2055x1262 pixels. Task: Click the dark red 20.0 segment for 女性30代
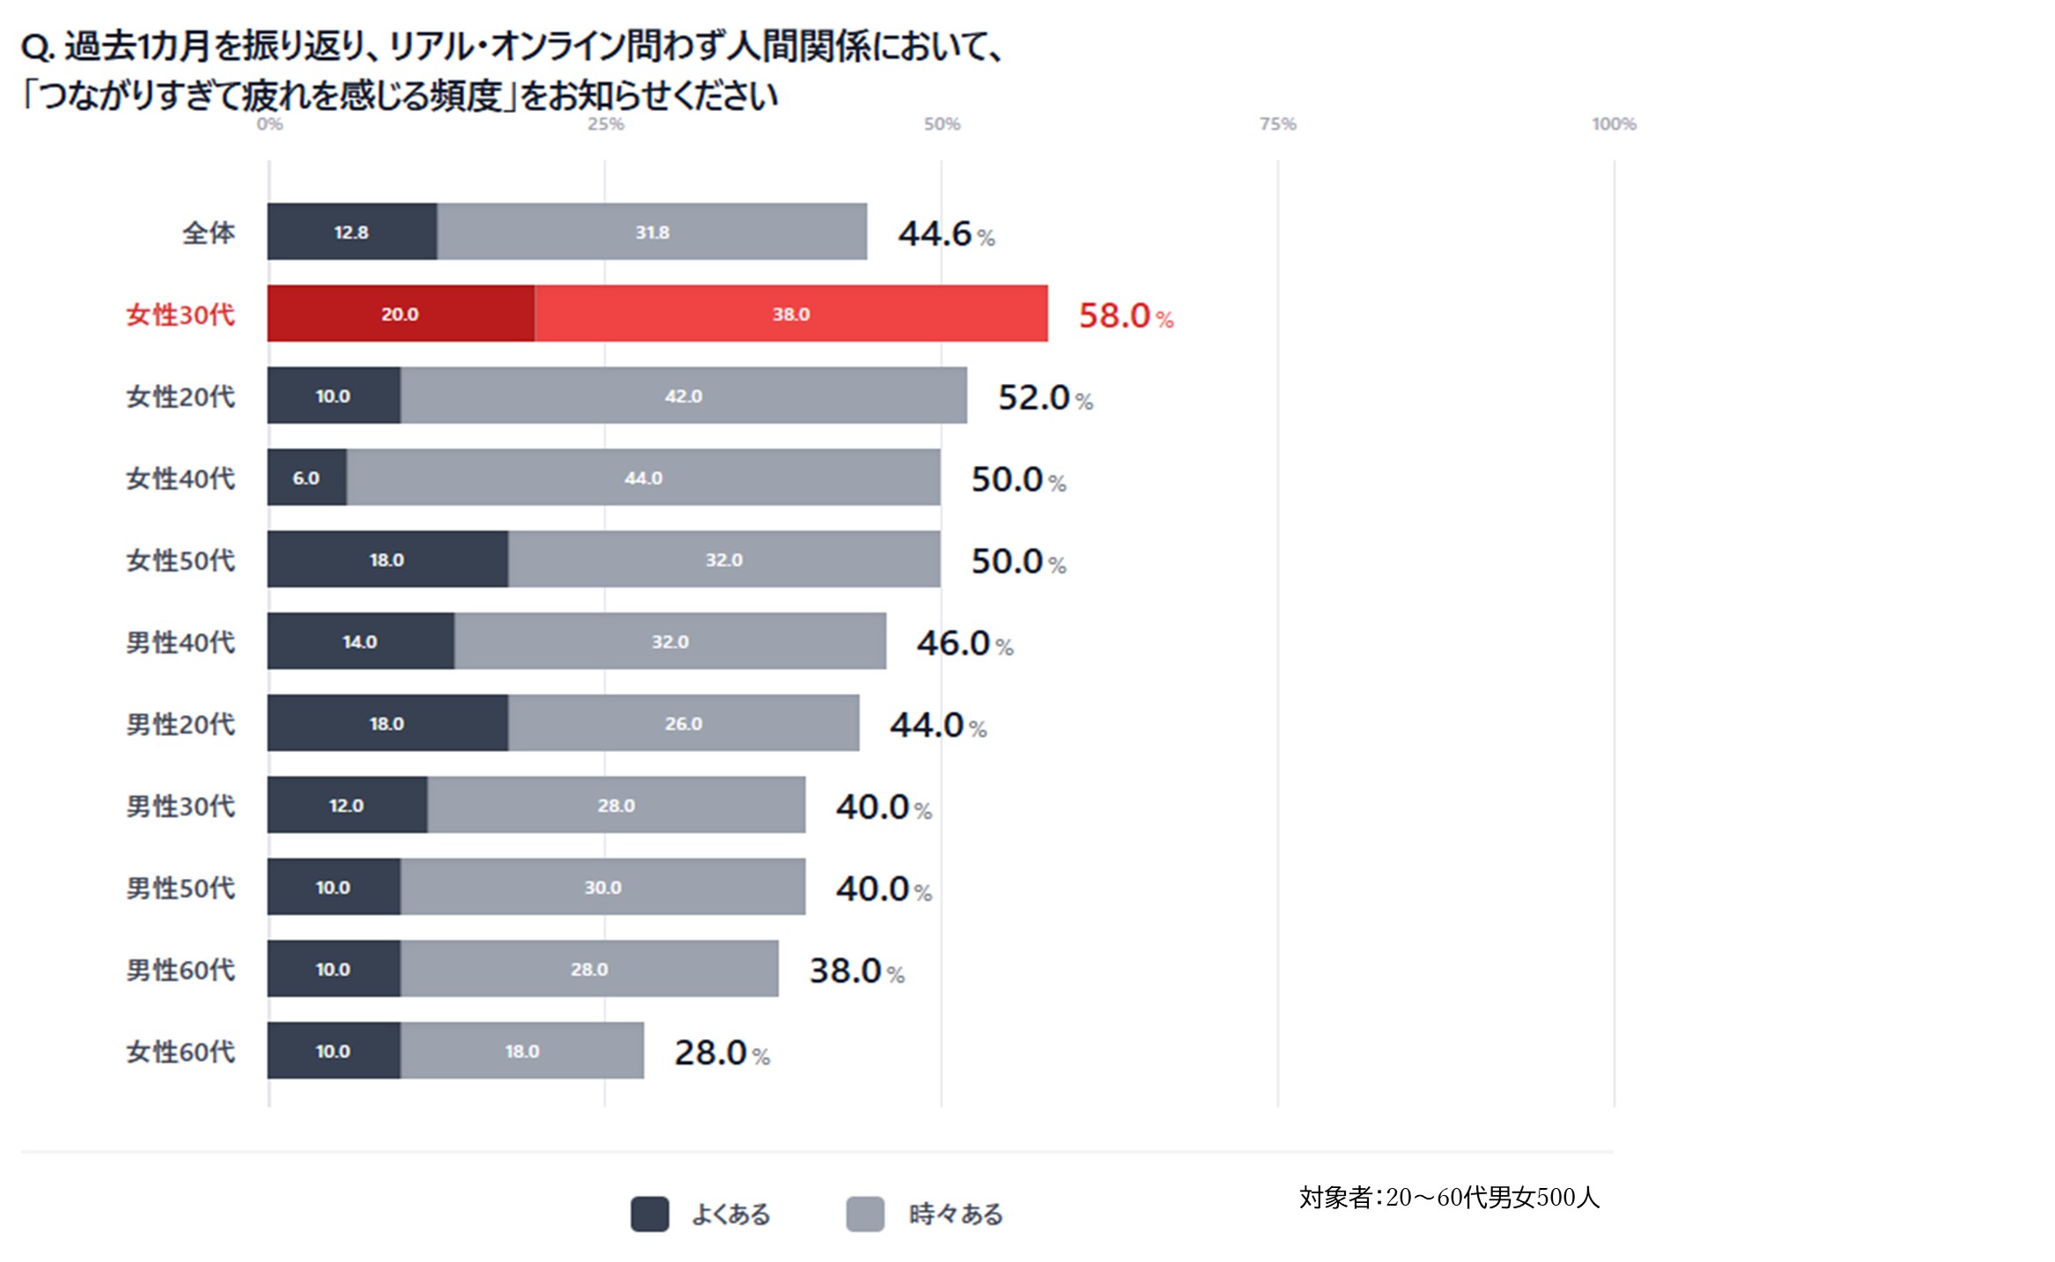401,314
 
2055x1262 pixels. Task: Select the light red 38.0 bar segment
790,314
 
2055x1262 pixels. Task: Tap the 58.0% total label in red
1125,315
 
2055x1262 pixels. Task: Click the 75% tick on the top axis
1277,124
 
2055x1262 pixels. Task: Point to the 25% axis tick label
605,124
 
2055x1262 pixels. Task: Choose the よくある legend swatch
649,1214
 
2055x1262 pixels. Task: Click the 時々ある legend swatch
865,1214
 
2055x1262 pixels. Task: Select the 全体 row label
209,232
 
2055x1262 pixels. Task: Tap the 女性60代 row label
181,1052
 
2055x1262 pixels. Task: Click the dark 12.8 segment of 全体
351,232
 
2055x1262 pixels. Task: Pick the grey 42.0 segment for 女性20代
684,395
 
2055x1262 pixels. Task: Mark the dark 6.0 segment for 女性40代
307,477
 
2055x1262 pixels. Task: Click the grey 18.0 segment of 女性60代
521,1051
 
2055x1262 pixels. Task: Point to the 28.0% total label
721,1052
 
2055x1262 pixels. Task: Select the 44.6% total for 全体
945,233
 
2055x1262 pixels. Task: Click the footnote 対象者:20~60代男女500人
1448,1197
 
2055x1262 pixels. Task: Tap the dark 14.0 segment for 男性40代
360,641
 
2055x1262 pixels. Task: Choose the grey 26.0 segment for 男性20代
684,723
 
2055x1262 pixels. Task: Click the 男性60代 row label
181,970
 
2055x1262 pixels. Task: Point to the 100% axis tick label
1613,124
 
